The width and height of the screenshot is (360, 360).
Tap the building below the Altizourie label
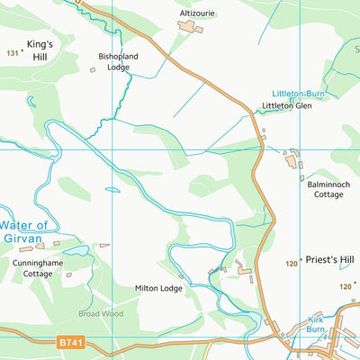(x=189, y=27)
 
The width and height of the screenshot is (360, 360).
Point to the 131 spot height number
(x=12, y=54)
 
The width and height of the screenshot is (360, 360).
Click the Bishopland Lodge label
(x=119, y=60)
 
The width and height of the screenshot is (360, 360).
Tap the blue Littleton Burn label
(x=297, y=94)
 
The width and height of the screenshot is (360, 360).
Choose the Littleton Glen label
(x=286, y=105)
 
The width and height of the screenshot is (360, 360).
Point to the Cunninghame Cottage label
(x=38, y=268)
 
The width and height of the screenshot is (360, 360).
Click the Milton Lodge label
(x=158, y=288)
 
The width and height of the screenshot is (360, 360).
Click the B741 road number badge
(x=69, y=342)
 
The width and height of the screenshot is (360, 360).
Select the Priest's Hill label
(x=329, y=259)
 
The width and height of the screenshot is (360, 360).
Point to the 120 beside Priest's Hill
(x=292, y=264)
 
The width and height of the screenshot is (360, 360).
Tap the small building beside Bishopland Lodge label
(x=93, y=69)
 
